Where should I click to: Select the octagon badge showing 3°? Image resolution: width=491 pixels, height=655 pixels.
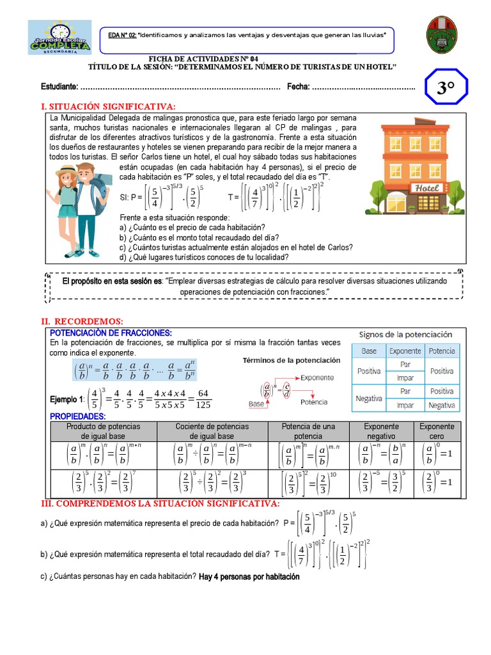point(446,88)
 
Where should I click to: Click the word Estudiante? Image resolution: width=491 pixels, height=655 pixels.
point(59,87)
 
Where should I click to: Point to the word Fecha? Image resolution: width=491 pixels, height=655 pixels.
point(298,87)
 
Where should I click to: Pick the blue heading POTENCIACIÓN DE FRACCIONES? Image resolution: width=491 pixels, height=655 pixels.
point(111,333)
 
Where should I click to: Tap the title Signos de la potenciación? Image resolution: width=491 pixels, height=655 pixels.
point(405,335)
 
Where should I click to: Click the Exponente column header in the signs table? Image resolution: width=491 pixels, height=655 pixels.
point(405,351)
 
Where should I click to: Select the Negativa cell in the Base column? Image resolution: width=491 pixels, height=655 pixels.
point(369,398)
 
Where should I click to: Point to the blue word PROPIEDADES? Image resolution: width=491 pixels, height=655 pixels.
point(77,416)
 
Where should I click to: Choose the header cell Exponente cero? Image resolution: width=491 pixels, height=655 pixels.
point(437,431)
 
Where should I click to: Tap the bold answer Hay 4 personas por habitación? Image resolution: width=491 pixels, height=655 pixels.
point(249,576)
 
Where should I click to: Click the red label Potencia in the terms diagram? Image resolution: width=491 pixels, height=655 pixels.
point(314,402)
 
